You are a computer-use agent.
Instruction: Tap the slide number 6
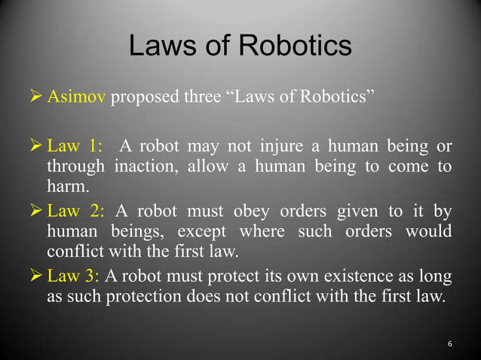(450, 344)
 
